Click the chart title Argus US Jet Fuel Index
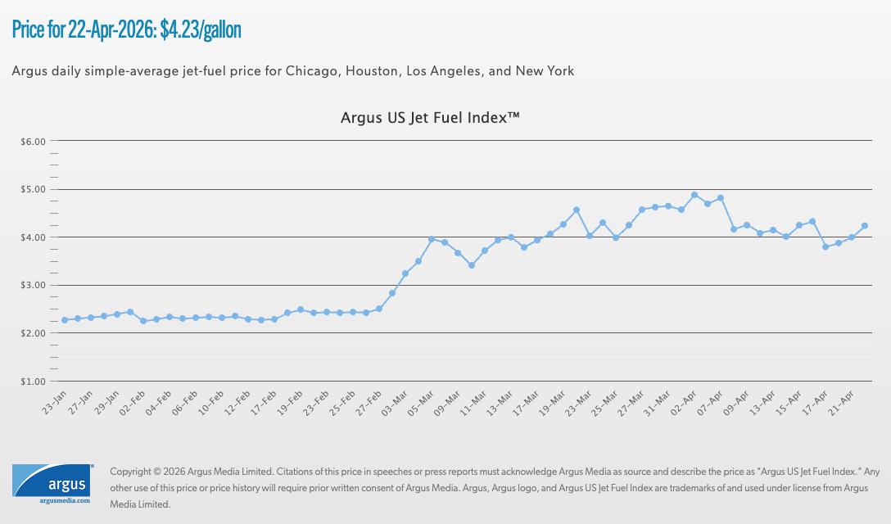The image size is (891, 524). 430,119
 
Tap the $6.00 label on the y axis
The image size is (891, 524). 33,142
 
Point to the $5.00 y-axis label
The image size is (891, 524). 33,189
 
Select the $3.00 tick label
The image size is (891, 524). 33,286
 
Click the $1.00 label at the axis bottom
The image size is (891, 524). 33,382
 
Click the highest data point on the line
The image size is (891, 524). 694,195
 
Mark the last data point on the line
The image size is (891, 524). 865,226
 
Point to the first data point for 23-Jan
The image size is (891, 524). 65,320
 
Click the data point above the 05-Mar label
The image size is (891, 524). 432,239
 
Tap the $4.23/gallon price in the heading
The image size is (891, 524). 201,30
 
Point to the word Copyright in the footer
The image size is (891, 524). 130,472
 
